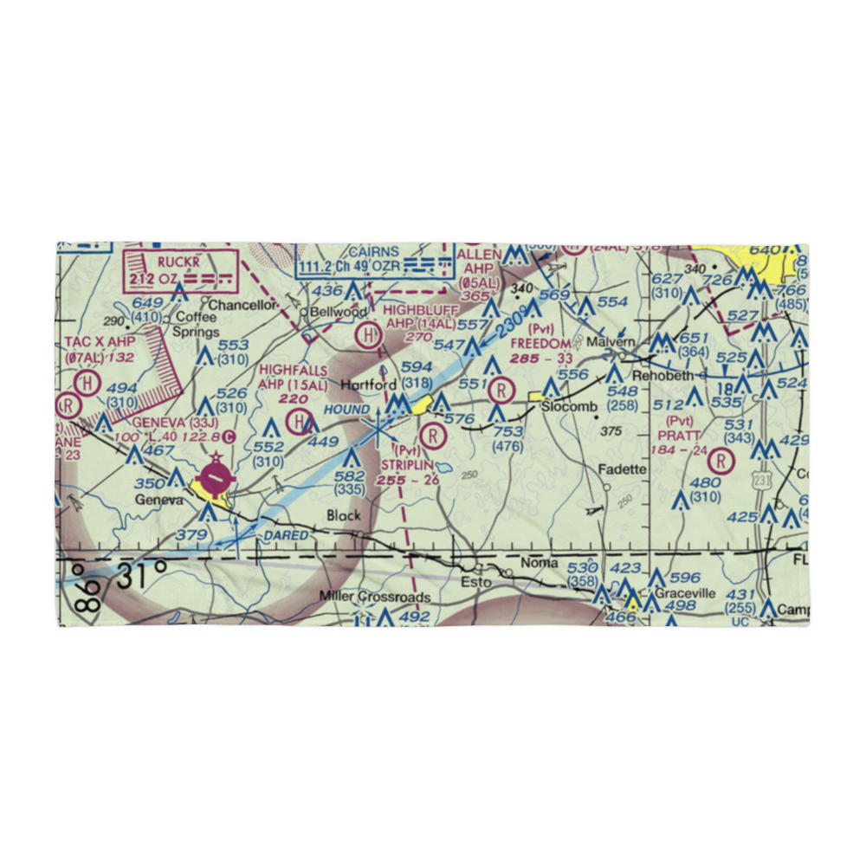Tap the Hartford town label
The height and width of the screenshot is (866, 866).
coord(369,385)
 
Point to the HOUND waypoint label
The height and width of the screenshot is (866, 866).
coord(346,408)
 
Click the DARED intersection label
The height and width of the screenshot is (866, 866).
coord(286,536)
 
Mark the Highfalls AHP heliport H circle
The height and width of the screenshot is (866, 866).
coord(300,423)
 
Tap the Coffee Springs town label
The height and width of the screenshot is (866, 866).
coord(197,324)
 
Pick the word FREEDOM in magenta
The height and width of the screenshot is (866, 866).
coord(541,343)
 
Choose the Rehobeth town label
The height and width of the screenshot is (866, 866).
coord(664,377)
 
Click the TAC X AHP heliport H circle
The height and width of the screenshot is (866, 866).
coord(87,382)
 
